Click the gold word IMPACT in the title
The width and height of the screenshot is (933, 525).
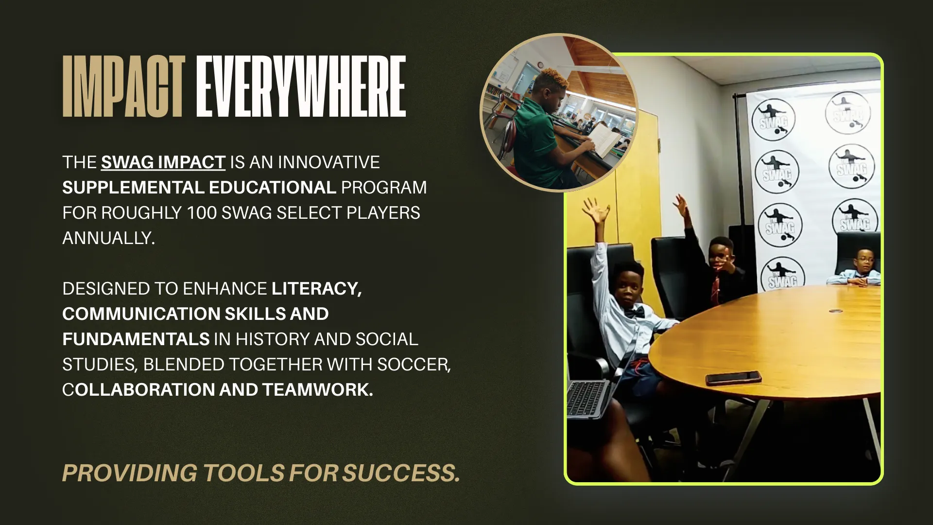(123, 87)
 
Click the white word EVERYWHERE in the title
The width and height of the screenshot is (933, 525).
(301, 87)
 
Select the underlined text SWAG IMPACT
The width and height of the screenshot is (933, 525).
(163, 162)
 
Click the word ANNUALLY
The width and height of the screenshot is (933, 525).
(108, 238)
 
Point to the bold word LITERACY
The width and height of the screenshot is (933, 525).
(317, 289)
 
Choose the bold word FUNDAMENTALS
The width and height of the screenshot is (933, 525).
(136, 339)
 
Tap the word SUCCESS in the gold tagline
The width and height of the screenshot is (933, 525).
(401, 473)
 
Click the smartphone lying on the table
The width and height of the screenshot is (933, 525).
(733, 378)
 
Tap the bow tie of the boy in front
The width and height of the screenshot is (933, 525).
(634, 313)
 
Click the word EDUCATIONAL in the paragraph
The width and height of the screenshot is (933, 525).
(273, 188)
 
